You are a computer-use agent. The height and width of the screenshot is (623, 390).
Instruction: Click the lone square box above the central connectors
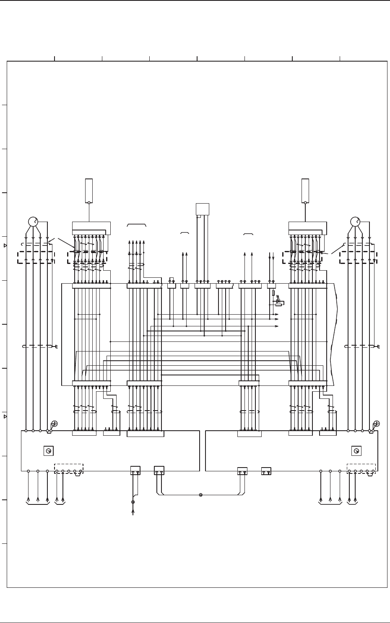pyautogui.click(x=202, y=209)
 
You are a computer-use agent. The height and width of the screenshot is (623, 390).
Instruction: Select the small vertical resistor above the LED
pyautogui.click(x=273, y=293)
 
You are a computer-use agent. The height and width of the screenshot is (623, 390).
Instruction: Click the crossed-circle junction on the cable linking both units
pyautogui.click(x=200, y=495)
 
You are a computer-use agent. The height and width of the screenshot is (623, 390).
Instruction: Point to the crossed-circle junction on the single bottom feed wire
pyautogui.click(x=133, y=502)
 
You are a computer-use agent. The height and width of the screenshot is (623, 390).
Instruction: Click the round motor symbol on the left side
pyautogui.click(x=33, y=221)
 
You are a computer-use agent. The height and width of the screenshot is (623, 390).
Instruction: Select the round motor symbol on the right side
pyautogui.click(x=355, y=221)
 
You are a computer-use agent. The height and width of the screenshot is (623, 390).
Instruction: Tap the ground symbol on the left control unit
pyautogui.click(x=54, y=424)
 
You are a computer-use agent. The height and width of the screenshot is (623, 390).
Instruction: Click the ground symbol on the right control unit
pyautogui.click(x=377, y=424)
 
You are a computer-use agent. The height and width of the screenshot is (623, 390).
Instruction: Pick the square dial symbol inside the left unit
pyautogui.click(x=48, y=451)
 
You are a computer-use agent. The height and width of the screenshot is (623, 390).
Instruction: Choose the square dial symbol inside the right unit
pyautogui.click(x=356, y=451)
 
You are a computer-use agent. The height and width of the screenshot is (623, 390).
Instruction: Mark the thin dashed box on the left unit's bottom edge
pyautogui.click(x=69, y=468)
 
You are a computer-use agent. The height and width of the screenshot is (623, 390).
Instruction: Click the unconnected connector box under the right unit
pyautogui.click(x=266, y=471)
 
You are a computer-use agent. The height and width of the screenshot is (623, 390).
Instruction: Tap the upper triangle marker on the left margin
pyautogui.click(x=5, y=246)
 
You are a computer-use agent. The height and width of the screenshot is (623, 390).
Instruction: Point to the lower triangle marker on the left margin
pyautogui.click(x=5, y=417)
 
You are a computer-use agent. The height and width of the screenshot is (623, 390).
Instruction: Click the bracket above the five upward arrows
pyautogui.click(x=137, y=225)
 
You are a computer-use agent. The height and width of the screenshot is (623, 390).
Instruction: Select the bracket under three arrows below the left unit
pyautogui.click(x=38, y=504)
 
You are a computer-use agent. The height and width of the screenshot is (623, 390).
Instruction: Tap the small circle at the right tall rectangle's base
pyautogui.click(x=305, y=203)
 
